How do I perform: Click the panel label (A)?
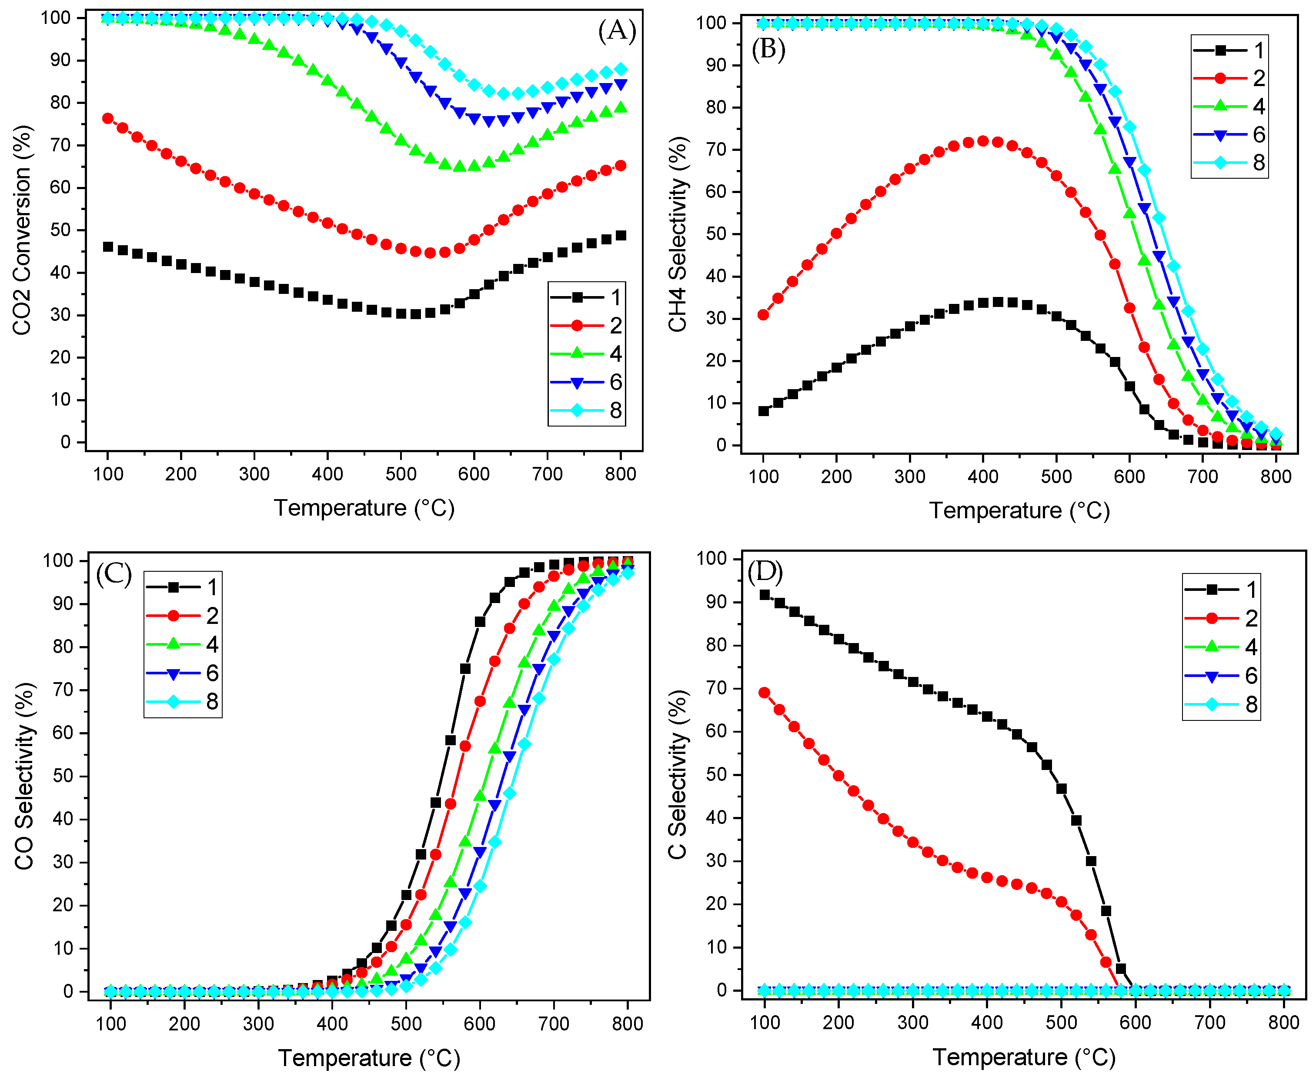[617, 30]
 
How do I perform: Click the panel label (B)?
[768, 49]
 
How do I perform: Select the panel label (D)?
[765, 571]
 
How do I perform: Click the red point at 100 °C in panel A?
[108, 118]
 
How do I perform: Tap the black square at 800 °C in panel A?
[620, 235]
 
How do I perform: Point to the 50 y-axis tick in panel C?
[63, 776]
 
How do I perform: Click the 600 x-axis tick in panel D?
[1135, 1022]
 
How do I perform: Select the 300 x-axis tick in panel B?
[910, 477]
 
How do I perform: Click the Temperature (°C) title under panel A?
[364, 508]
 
